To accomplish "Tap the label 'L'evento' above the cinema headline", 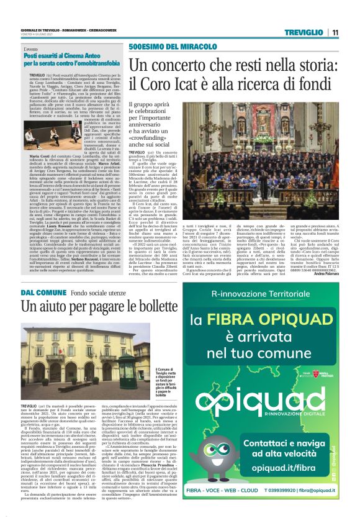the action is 31,48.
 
